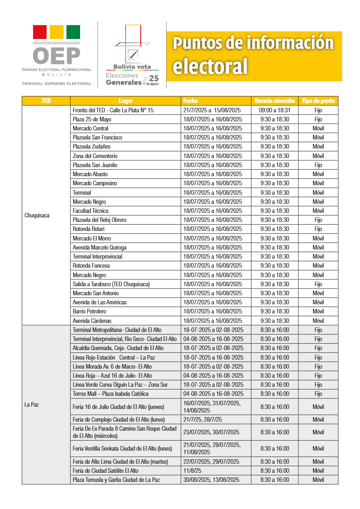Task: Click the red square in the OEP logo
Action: coord(40,32)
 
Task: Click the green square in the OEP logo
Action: coord(73,32)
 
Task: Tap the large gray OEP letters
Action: coord(57,56)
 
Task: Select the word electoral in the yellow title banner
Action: coord(211,66)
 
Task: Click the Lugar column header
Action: coord(125,101)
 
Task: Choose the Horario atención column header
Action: coord(274,101)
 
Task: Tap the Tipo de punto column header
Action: coord(318,101)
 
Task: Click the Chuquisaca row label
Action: coord(37,216)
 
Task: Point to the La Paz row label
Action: coord(32,404)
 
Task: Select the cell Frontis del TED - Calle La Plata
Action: coord(113,110)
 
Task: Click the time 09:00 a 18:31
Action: coord(274,110)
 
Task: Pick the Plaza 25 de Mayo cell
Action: coord(92,120)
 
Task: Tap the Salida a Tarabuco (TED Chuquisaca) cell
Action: coord(111,284)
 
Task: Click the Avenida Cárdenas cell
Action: coord(92,321)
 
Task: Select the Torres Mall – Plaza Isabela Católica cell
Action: coord(110,394)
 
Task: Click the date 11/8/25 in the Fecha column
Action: coord(193,471)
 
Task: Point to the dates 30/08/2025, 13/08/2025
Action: coord(211,480)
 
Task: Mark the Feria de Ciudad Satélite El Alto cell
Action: coord(106,471)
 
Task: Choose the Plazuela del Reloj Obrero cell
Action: coord(100,220)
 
